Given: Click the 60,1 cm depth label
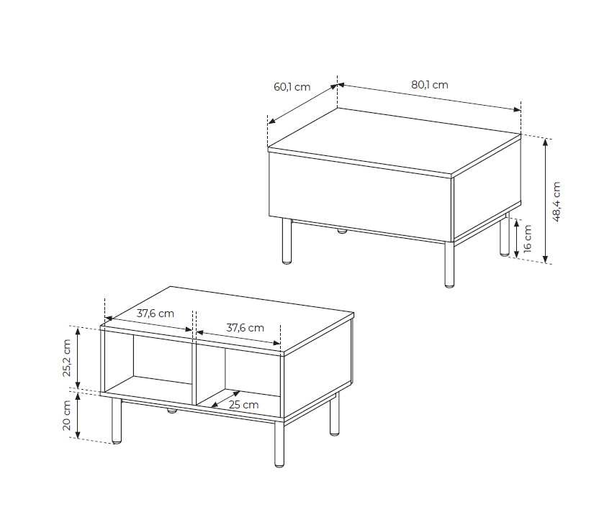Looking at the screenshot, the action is (x=292, y=87).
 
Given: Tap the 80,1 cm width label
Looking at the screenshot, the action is (x=429, y=85).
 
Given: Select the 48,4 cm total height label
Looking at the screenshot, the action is (x=557, y=202).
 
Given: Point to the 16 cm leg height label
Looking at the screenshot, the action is (x=527, y=239).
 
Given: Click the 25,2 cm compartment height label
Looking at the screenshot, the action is (x=67, y=358).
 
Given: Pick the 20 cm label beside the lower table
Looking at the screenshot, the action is (x=67, y=415).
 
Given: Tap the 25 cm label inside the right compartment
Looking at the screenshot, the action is (x=244, y=405).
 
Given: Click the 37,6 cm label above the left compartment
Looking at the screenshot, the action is (x=155, y=314).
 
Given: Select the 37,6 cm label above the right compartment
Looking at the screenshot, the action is (x=245, y=328).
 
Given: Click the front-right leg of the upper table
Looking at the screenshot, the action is (x=449, y=264).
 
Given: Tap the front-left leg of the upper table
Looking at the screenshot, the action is (x=287, y=241).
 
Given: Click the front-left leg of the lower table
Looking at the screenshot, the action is (x=117, y=421).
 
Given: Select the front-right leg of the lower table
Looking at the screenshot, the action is (x=279, y=444).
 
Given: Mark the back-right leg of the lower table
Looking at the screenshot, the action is (x=334, y=414).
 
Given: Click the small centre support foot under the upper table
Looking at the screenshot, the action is (x=341, y=231).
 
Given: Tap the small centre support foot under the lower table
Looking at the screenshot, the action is (x=171, y=411).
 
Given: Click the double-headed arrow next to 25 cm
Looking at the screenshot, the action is (x=226, y=399).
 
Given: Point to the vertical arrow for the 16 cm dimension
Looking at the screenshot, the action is (x=516, y=239).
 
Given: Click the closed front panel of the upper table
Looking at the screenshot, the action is (x=361, y=197).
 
